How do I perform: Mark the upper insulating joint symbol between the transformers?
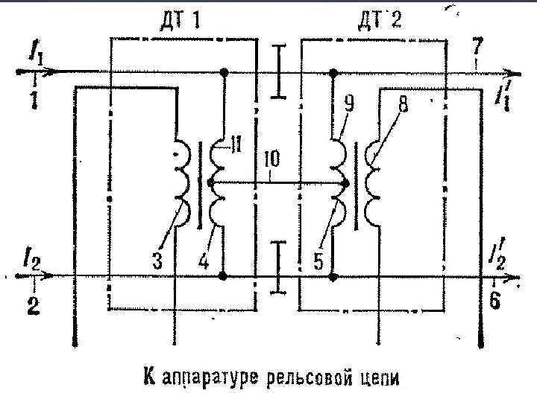click(278, 71)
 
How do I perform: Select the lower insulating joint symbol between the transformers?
click(277, 266)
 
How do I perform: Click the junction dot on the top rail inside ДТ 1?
click(223, 74)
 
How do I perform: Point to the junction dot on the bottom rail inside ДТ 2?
click(333, 277)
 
